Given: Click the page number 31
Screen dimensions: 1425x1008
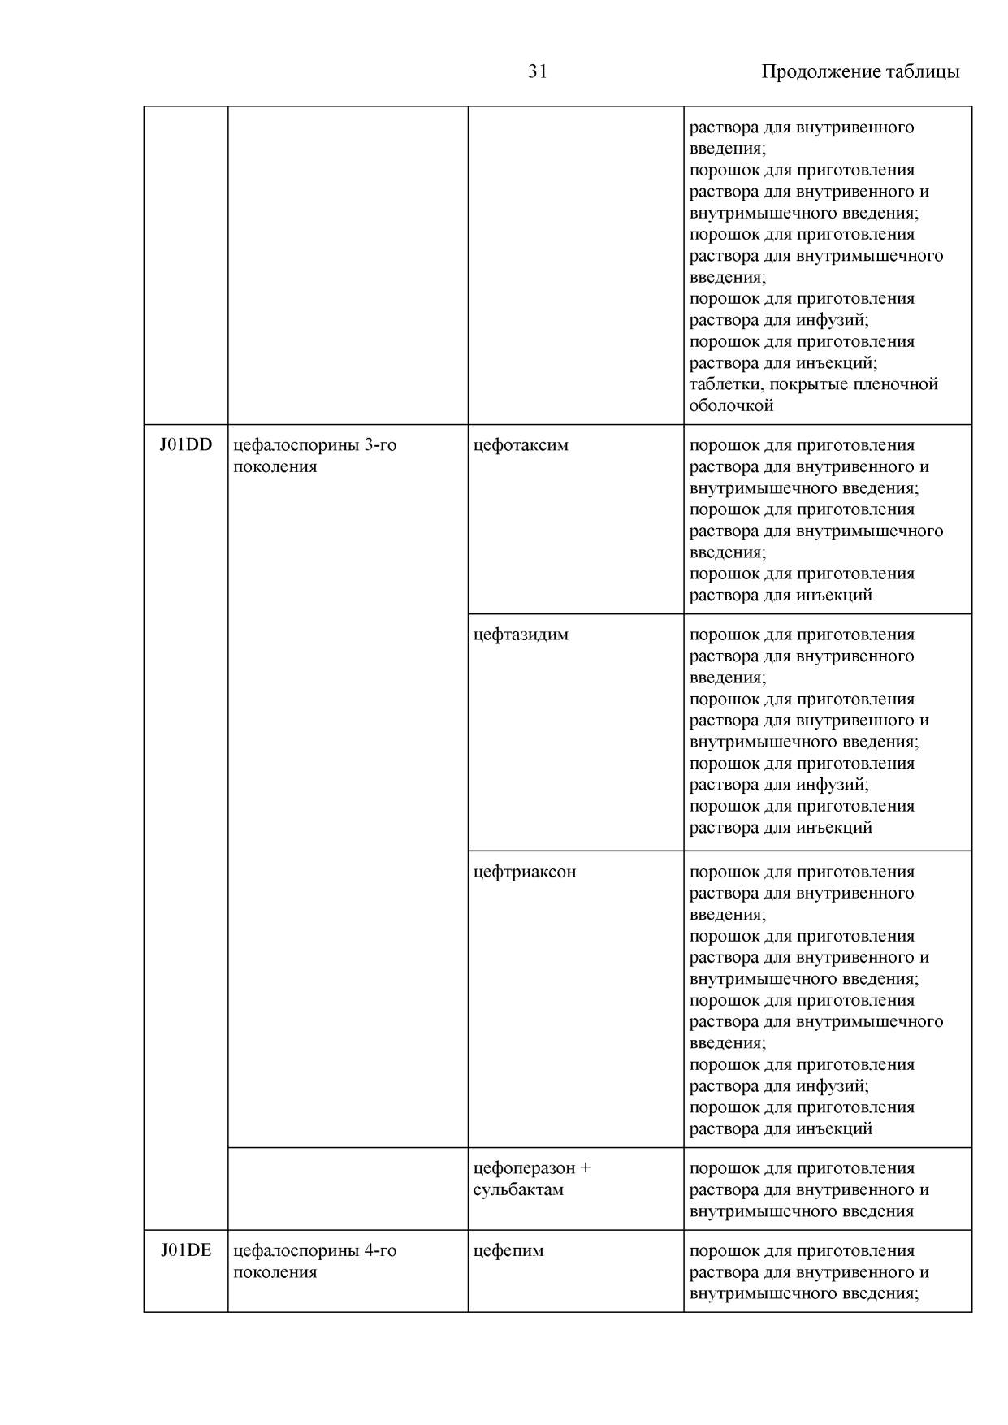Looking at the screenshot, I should [x=538, y=71].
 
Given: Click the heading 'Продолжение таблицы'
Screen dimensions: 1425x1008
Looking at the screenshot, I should [x=860, y=71].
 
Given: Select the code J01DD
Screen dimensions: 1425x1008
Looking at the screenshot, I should [x=186, y=445].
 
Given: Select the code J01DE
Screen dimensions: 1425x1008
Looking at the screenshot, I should [x=186, y=1250].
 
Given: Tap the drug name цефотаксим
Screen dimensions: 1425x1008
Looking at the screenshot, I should [x=521, y=445].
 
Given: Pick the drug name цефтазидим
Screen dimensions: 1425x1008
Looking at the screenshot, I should [x=521, y=635].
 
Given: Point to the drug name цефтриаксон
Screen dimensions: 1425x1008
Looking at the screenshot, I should [x=525, y=872].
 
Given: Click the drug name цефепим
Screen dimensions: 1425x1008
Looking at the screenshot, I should [x=508, y=1250].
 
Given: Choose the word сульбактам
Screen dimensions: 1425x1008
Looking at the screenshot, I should [x=518, y=1189].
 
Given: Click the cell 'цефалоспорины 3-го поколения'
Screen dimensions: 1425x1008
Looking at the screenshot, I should [x=315, y=456].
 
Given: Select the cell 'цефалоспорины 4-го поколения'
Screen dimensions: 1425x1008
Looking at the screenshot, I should [x=315, y=1261].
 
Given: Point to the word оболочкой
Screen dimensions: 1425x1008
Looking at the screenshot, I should [x=731, y=405].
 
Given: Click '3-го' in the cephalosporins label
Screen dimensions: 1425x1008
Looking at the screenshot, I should [x=379, y=445].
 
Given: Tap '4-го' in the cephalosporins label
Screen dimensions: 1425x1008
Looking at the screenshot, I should [x=379, y=1250].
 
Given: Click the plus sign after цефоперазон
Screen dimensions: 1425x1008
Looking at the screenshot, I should [x=586, y=1168].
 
